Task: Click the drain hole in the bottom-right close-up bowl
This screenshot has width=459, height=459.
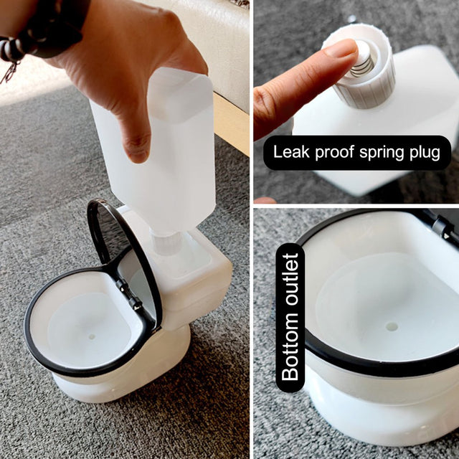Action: (392, 326)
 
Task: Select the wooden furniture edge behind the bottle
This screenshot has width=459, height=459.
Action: (231, 122)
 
